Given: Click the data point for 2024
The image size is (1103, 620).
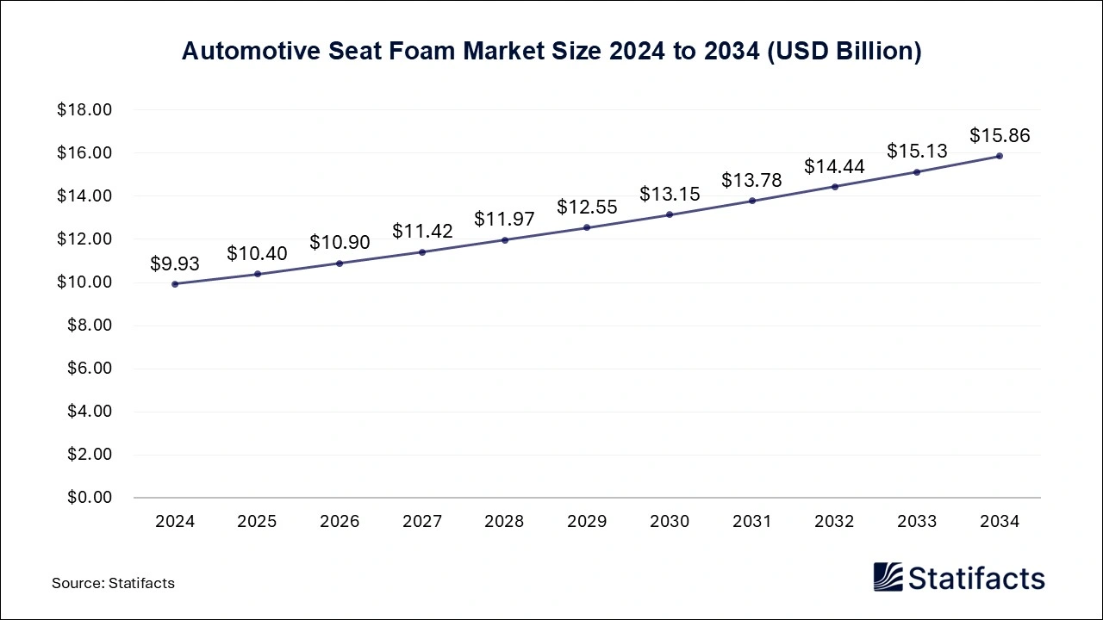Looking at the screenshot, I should pos(175,283).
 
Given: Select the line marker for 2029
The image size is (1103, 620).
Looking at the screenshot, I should pos(587,227).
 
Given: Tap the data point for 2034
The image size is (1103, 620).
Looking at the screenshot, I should pos(1000,156).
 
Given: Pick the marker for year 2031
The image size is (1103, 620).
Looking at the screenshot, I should pos(752,201).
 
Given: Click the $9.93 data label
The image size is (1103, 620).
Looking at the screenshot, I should pos(175,263).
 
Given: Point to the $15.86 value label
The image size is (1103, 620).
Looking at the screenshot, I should pos(1000,135).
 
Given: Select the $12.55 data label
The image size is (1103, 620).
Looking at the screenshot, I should pos(587,207).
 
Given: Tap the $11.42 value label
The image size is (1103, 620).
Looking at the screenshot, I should pos(422,231).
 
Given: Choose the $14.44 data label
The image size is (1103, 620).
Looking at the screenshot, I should pos(834,166).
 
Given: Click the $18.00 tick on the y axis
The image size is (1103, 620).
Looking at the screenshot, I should pos(84,110).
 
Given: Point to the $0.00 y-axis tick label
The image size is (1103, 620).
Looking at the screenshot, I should pos(89,498).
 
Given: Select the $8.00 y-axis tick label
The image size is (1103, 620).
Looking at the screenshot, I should pos(89,325).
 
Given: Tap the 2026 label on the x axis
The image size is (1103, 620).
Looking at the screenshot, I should pos(340,522).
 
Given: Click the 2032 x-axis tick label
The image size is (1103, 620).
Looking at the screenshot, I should pos(834,522).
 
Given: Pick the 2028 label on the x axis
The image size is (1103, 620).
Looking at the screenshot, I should pos(505,522).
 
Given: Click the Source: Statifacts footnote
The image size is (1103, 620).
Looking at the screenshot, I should pos(113,583).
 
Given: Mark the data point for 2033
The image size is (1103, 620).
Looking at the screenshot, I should pos(917,172).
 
